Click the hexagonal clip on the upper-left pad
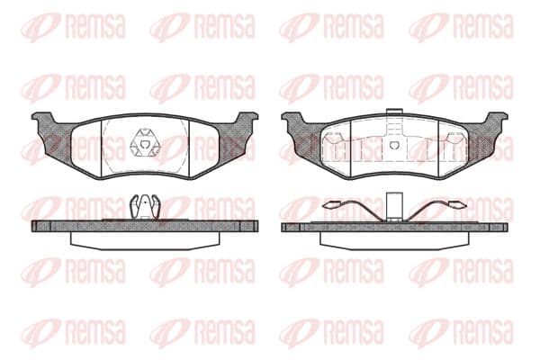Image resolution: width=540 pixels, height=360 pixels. (145, 143)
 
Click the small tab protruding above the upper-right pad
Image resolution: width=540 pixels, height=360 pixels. (395, 112)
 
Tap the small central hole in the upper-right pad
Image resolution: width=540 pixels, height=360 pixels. (395, 145)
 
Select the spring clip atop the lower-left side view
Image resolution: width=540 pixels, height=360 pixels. (145, 207)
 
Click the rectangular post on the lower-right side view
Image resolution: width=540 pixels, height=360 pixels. (395, 206)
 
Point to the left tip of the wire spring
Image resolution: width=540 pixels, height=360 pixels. (326, 205)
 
